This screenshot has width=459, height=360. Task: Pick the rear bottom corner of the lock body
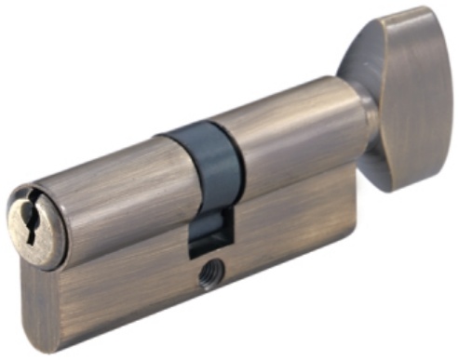[x=350, y=264]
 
